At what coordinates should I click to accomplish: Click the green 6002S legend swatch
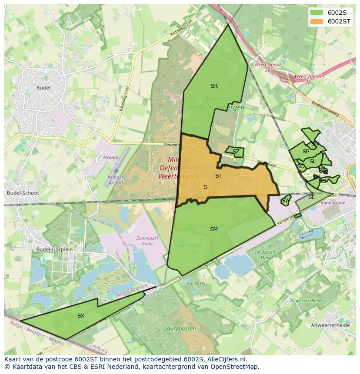(x=317, y=13)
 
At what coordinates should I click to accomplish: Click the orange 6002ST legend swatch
(x=317, y=21)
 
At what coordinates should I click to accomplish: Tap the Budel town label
(x=43, y=88)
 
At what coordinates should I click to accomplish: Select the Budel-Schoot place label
(x=23, y=193)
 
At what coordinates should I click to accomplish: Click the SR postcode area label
(x=214, y=86)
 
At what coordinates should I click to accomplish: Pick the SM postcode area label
(x=213, y=229)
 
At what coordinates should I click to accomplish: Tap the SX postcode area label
(x=81, y=316)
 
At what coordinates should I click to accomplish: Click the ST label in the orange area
(x=218, y=176)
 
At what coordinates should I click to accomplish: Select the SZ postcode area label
(x=236, y=152)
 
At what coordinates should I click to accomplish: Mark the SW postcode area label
(x=285, y=201)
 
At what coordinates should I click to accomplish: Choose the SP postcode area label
(x=306, y=152)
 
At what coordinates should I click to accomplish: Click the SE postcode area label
(x=311, y=197)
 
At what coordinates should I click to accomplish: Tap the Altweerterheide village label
(x=330, y=325)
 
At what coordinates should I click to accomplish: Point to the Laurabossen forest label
(x=180, y=328)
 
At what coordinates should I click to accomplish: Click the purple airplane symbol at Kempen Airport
(x=116, y=171)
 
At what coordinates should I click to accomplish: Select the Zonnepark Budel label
(x=148, y=241)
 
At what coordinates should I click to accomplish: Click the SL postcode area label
(x=313, y=162)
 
